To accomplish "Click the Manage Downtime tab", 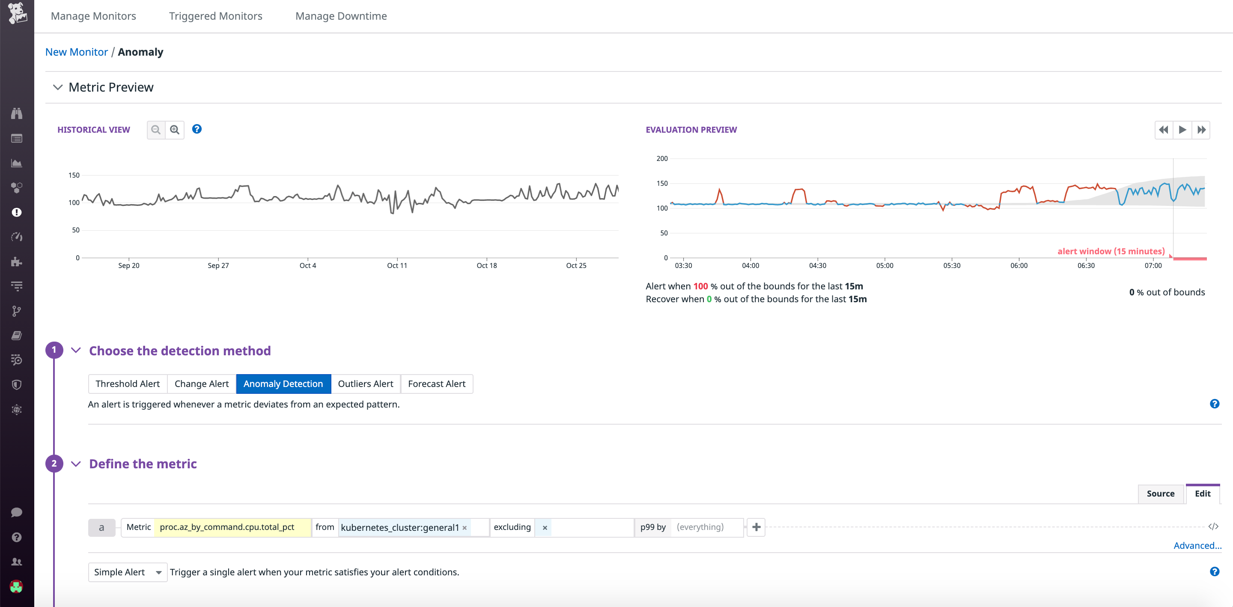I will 341,16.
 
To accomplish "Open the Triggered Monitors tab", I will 215,16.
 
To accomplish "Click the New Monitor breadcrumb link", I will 77,52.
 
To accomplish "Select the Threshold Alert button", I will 127,384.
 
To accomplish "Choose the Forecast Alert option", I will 437,384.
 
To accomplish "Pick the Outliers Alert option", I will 365,384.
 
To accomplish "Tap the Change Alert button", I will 202,384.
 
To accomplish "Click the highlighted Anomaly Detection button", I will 283,384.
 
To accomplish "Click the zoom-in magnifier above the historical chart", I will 175,130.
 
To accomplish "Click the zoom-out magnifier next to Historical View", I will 155,130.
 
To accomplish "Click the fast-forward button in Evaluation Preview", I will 1201,130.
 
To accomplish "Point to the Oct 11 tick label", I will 397,266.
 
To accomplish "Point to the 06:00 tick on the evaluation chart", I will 1019,266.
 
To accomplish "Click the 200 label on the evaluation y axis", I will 662,158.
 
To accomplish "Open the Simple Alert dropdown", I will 127,572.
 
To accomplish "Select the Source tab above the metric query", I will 1160,494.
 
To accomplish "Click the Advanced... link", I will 1197,546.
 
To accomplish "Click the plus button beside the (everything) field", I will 756,527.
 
